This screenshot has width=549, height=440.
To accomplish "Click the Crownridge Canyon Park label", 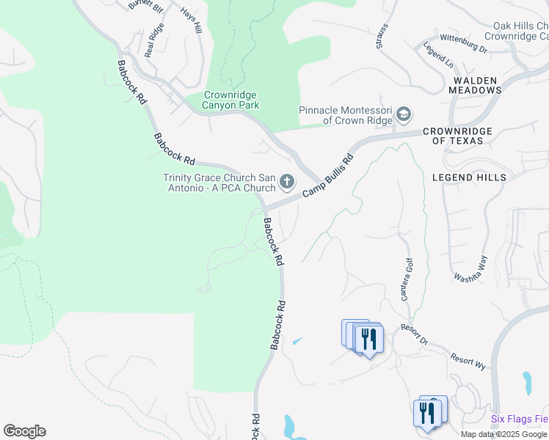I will pos(231,100).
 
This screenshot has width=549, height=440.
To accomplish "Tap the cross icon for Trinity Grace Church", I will pos(287,180).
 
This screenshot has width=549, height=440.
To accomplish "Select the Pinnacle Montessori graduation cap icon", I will pos(403,114).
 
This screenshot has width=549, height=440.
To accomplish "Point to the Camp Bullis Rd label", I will pos(329,173).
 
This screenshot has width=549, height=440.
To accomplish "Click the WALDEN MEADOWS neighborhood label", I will pos(476,85).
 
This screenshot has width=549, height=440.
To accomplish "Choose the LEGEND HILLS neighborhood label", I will pos(469,177).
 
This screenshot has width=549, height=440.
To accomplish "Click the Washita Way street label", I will pos(470,268).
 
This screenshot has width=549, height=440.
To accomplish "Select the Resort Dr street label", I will pos(414,334).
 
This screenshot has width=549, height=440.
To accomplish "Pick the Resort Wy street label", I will pos(468,359).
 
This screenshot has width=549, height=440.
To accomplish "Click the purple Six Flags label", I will pos(519,419).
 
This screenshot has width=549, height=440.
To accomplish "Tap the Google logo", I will pos(24,431).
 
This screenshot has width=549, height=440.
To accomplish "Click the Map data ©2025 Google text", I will pos(504,434).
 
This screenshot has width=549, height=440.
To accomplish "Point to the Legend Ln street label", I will pos(437,55).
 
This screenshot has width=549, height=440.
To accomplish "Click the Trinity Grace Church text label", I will pos(219,183).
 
